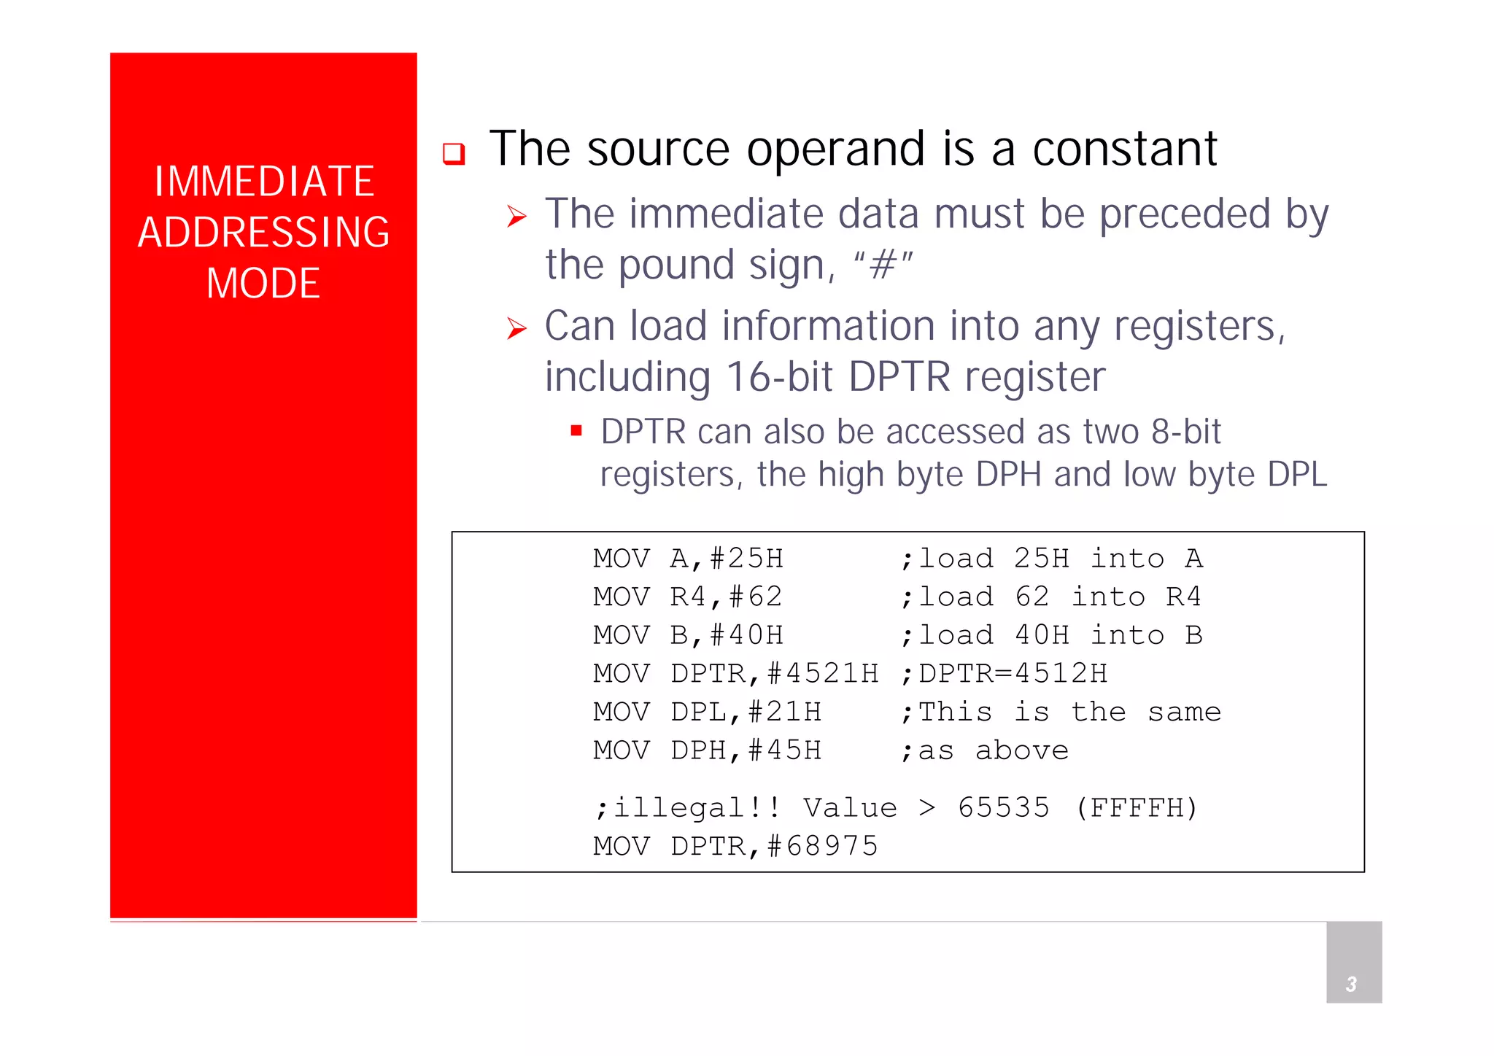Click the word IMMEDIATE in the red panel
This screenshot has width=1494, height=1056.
(x=264, y=182)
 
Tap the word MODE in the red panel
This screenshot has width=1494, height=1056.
(x=263, y=284)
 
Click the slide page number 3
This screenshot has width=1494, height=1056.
(x=1351, y=985)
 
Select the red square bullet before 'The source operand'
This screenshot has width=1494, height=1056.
(x=454, y=153)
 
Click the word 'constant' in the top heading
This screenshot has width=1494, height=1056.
(x=1124, y=150)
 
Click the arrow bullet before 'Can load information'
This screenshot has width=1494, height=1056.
(x=516, y=328)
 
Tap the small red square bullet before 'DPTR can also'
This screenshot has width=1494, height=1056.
(x=576, y=430)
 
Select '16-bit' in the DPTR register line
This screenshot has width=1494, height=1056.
(x=779, y=377)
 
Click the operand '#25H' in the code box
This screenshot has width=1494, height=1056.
(x=746, y=559)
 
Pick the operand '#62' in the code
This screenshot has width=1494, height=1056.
(x=756, y=597)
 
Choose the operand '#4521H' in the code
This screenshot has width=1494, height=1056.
(x=823, y=674)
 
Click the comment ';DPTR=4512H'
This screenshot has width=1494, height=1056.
(x=1005, y=674)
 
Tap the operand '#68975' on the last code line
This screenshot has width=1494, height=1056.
(x=823, y=847)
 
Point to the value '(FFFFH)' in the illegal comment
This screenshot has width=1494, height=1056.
(x=1137, y=808)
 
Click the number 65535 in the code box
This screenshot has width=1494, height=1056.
(x=1004, y=808)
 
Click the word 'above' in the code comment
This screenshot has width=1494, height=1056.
(x=1022, y=750)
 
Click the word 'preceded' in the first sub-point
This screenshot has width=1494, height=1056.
(x=1185, y=214)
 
